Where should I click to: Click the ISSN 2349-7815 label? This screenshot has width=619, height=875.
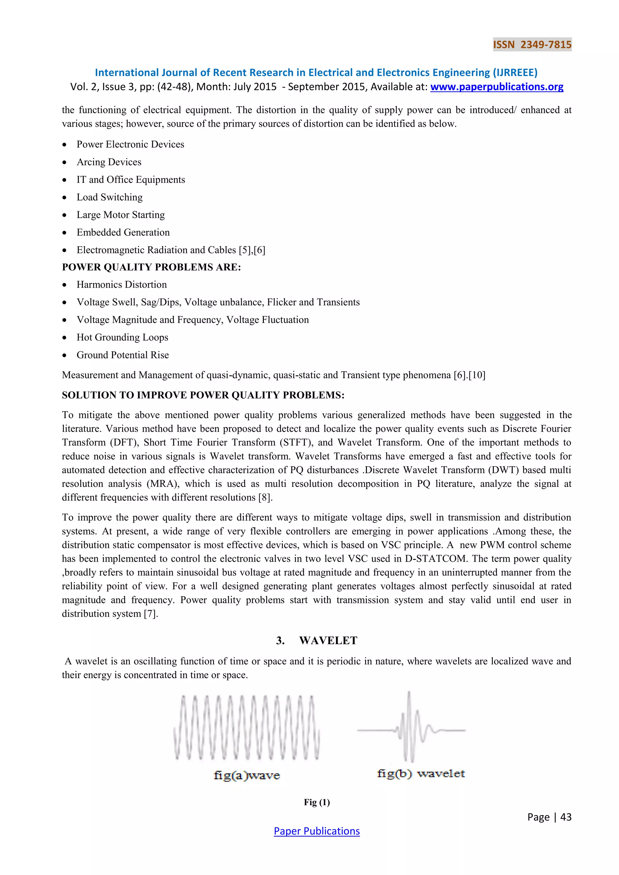pyautogui.click(x=532, y=45)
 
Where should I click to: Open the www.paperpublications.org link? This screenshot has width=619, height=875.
pyautogui.click(x=497, y=87)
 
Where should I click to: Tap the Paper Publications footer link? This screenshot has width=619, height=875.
pyautogui.click(x=316, y=831)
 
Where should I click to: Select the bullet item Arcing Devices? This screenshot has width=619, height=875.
pyautogui.click(x=109, y=162)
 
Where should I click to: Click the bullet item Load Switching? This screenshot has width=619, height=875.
pyautogui.click(x=109, y=197)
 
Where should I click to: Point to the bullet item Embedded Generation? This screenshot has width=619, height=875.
pyautogui.click(x=123, y=232)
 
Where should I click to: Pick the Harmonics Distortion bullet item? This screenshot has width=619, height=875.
pyautogui.click(x=122, y=285)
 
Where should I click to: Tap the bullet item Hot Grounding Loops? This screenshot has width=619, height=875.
pyautogui.click(x=122, y=337)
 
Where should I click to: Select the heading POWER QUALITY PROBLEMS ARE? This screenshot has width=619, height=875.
pyautogui.click(x=151, y=267)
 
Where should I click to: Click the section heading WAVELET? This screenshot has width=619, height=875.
pyautogui.click(x=328, y=641)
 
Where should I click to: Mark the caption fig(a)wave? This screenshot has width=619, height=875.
pyautogui.click(x=247, y=775)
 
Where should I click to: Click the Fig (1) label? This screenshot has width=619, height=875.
pyautogui.click(x=317, y=802)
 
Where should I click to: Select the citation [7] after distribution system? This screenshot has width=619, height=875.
pyautogui.click(x=151, y=614)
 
